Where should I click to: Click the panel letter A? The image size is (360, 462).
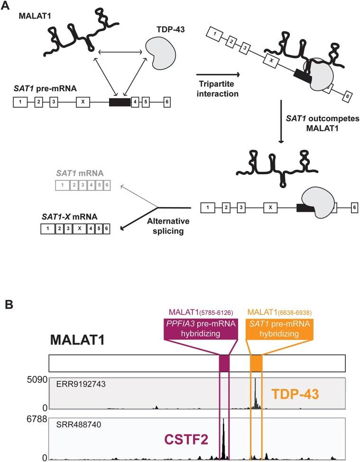click(5, 5)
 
